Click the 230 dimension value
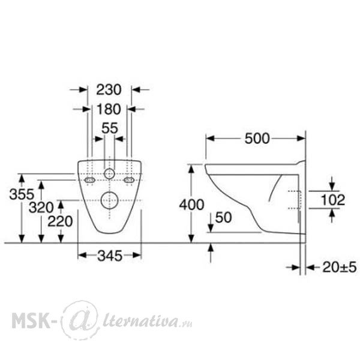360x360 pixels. [x=109, y=89]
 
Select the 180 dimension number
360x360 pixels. [x=109, y=109]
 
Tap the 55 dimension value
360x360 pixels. [x=110, y=128]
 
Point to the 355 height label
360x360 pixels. [x=22, y=194]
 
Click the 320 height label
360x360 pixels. [x=41, y=208]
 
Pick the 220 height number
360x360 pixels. [x=60, y=221]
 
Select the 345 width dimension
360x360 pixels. [x=110, y=256]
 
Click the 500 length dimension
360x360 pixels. [x=257, y=139]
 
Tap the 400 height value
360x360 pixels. [x=192, y=205]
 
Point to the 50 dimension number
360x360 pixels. [x=223, y=217]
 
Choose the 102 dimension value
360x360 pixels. [x=332, y=200]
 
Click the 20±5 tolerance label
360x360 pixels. [x=340, y=267]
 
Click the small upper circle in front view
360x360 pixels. [x=109, y=174]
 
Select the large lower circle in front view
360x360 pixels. [x=110, y=200]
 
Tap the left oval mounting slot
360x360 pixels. [x=90, y=180]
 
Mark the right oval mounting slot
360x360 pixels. [x=129, y=180]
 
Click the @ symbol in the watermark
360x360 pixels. [x=81, y=320]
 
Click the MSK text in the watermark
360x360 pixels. [x=31, y=319]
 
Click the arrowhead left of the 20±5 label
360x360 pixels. [x=296, y=267]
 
